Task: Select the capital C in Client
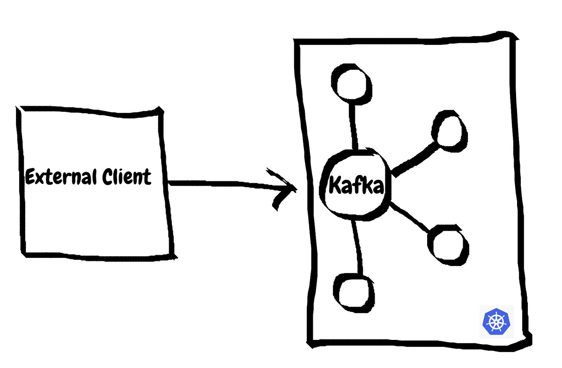click(107, 177)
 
